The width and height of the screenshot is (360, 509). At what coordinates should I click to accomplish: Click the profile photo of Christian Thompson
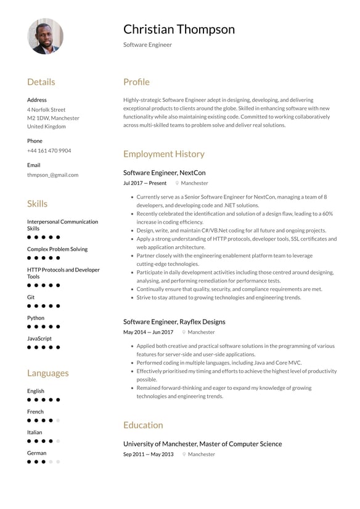(x=46, y=36)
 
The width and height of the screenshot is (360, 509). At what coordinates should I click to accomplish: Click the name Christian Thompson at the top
(x=179, y=29)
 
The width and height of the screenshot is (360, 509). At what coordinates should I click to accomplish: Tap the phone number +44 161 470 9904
(x=49, y=151)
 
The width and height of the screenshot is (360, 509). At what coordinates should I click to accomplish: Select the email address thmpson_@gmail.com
(x=52, y=175)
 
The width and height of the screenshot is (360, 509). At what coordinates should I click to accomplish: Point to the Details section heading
(x=41, y=82)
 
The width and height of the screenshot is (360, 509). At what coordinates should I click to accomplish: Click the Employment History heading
(x=163, y=154)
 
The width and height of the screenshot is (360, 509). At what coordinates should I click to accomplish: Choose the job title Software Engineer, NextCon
(x=164, y=173)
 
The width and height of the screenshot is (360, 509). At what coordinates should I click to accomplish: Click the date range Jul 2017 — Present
(x=145, y=183)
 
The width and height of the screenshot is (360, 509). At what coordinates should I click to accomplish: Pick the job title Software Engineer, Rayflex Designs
(x=174, y=321)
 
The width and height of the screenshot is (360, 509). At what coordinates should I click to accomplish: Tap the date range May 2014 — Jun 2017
(x=148, y=333)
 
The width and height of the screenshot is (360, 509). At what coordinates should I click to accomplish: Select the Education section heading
(x=143, y=425)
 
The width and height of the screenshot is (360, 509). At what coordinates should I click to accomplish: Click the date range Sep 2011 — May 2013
(x=148, y=454)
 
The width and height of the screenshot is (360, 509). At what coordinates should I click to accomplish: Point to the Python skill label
(x=36, y=318)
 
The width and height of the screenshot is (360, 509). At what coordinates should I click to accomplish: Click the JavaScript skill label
(x=39, y=339)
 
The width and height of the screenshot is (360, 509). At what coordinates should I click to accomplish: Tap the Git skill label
(x=31, y=297)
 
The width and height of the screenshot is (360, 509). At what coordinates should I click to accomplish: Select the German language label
(x=36, y=453)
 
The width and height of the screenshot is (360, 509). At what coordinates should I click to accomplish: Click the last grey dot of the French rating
(x=58, y=420)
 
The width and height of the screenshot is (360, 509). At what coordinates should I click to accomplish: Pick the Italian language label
(x=35, y=432)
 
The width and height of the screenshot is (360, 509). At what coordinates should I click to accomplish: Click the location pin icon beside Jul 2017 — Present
(x=177, y=183)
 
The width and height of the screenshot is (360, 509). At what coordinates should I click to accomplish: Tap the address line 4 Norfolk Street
(x=46, y=109)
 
